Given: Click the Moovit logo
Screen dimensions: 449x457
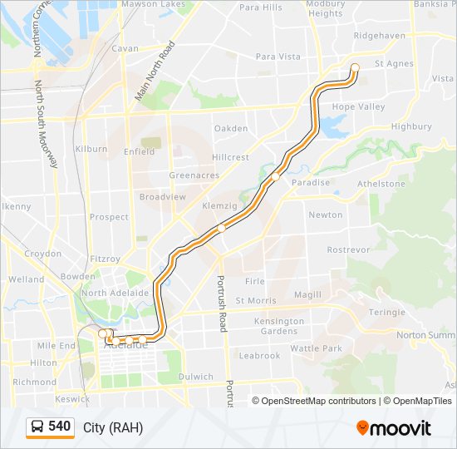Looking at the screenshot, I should point(394,428).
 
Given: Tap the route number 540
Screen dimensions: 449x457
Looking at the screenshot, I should point(59,427).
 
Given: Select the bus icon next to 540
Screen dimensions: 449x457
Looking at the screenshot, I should point(37,427).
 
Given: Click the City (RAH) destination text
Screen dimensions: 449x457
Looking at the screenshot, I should point(113,428).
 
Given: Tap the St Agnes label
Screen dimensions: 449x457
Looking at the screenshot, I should point(393,63).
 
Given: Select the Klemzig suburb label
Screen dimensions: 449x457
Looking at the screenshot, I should point(219,205).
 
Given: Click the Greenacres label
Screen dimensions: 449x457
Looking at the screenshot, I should point(194,175).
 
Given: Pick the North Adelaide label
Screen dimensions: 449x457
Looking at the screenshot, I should point(115,293).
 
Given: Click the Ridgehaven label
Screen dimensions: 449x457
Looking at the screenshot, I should point(379,36).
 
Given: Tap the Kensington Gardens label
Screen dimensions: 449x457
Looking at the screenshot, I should point(279,326).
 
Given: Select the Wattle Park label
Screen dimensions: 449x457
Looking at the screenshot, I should point(316,348).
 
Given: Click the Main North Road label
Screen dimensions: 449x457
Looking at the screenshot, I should point(155,72).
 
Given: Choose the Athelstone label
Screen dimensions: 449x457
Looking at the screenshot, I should point(381,184).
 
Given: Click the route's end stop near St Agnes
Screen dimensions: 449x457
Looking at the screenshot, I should point(355,68).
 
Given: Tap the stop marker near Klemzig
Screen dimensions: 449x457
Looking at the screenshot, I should point(221,227).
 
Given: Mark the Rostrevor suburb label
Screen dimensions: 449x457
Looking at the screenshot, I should point(348,249).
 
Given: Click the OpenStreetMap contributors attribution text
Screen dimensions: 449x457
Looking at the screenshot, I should point(318,401).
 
